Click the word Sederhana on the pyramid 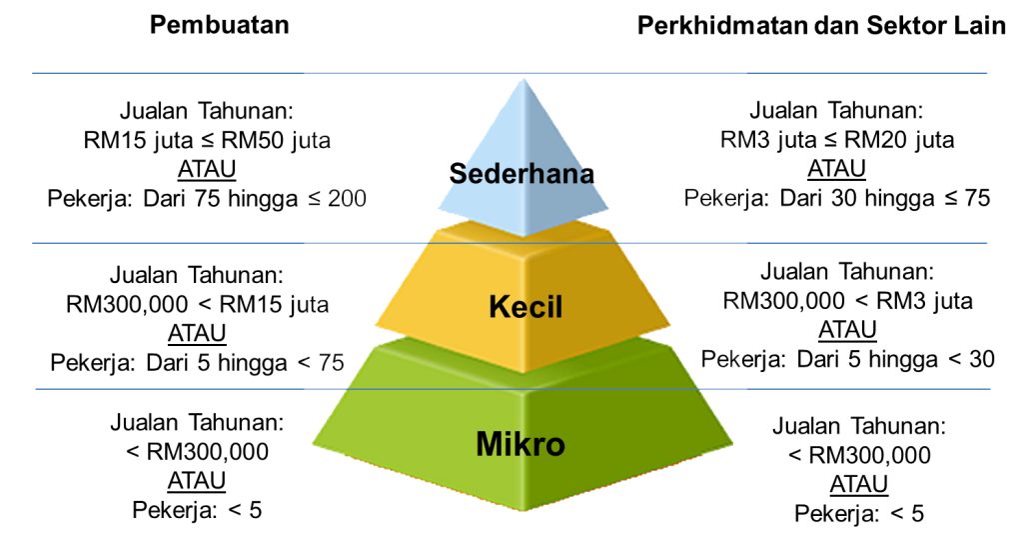click(521, 174)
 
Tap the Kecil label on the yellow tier click(525, 307)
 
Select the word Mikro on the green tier click(520, 443)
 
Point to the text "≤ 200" click(338, 198)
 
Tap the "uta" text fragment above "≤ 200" click(318, 141)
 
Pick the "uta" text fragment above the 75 click(315, 304)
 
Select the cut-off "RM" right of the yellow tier click(736, 302)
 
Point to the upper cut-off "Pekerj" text click(716, 198)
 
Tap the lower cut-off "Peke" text click(724, 359)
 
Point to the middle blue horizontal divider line click(200, 243)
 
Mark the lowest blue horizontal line click(200, 389)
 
